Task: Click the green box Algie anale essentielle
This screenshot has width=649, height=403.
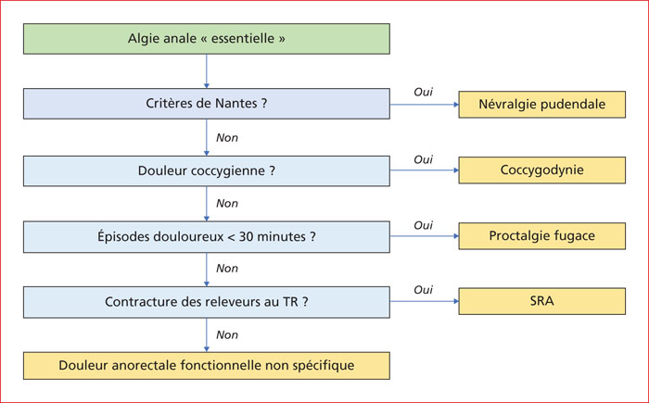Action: [207, 39]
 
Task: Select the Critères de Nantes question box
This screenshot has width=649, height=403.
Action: [207, 104]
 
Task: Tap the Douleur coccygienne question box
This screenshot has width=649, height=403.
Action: [207, 170]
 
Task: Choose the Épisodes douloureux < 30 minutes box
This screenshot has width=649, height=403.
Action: [207, 236]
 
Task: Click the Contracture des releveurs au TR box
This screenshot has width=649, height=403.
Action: [207, 302]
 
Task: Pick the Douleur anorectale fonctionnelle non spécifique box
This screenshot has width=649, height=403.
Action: [207, 366]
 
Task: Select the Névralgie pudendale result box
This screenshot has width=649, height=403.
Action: [542, 105]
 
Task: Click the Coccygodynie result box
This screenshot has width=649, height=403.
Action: [542, 170]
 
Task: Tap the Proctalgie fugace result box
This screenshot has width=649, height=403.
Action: [542, 236]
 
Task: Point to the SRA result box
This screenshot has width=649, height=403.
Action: [542, 301]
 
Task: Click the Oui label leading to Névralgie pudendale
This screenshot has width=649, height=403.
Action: [423, 92]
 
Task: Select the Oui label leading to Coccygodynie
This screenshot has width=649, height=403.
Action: [423, 159]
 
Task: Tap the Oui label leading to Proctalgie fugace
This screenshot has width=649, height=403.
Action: [423, 225]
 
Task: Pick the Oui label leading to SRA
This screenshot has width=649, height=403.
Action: [423, 290]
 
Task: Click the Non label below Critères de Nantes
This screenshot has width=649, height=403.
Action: [227, 138]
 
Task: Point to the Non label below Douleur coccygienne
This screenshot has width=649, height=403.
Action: [227, 204]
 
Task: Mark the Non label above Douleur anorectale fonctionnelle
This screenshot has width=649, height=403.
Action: [227, 334]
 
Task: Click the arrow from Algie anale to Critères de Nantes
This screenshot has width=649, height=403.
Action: [207, 71]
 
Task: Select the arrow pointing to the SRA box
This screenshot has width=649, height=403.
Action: [425, 301]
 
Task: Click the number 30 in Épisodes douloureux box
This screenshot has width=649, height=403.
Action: [246, 236]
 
